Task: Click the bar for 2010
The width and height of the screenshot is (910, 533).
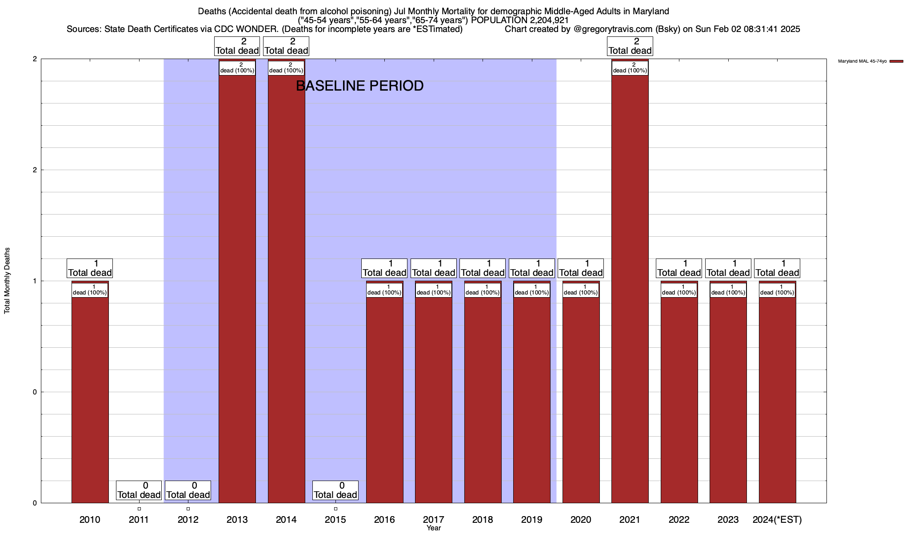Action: pos(90,400)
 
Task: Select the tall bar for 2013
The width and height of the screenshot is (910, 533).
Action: pos(237,289)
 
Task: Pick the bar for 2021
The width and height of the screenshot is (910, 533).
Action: pos(630,289)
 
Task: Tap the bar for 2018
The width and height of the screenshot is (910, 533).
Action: pos(483,400)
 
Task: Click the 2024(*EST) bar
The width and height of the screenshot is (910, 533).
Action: pos(777,400)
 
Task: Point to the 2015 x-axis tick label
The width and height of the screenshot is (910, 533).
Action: pos(335,519)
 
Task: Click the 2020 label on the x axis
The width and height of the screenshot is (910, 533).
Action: pos(581,519)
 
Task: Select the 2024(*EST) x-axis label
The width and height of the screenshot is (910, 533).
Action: pos(777,519)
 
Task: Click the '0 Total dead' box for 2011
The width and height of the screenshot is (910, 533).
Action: pos(139,490)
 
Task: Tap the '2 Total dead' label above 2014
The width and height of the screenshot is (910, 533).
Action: pos(286,46)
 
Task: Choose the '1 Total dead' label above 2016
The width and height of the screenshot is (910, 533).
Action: pos(384,268)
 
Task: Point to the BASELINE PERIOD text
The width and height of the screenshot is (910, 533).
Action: pos(359,86)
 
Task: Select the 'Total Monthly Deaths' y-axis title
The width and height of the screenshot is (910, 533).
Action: pos(7,281)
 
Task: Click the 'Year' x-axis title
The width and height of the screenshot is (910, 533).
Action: pos(434,528)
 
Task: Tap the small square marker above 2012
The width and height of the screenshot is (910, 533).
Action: pos(188,509)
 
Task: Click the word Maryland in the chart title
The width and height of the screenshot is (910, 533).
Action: pos(652,11)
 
